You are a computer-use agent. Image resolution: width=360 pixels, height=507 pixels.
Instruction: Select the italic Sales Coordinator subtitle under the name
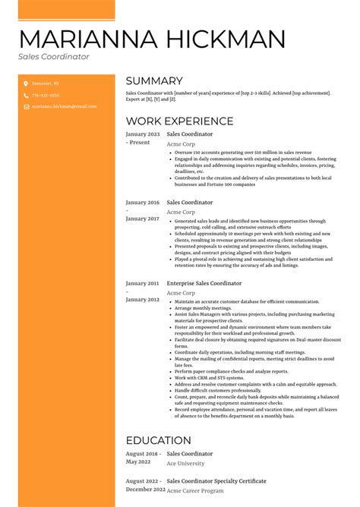click(54, 57)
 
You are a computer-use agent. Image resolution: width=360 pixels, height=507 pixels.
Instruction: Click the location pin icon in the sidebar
click(25, 84)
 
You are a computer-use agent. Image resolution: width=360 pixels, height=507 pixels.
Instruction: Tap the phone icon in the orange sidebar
click(25, 96)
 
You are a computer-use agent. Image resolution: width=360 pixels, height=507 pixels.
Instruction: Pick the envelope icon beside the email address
click(25, 107)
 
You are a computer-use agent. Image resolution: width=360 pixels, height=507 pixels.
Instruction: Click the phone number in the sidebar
click(46, 96)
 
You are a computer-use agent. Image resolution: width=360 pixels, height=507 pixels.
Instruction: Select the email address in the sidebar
click(64, 107)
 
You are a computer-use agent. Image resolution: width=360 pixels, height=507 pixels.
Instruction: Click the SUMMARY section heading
click(154, 81)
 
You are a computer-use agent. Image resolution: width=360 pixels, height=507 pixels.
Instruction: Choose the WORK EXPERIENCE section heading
click(179, 121)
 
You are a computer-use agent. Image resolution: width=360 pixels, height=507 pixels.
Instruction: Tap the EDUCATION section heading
click(158, 440)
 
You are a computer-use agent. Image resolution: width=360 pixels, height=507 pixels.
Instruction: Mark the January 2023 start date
click(143, 134)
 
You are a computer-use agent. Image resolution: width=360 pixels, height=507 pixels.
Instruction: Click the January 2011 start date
click(143, 283)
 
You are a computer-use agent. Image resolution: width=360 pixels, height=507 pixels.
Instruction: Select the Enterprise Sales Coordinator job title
click(204, 283)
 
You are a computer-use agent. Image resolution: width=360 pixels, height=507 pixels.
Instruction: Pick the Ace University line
click(186, 463)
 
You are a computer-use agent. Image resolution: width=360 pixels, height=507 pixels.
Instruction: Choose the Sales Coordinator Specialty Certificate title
click(216, 481)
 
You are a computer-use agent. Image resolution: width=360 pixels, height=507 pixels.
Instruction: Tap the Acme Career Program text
click(196, 490)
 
